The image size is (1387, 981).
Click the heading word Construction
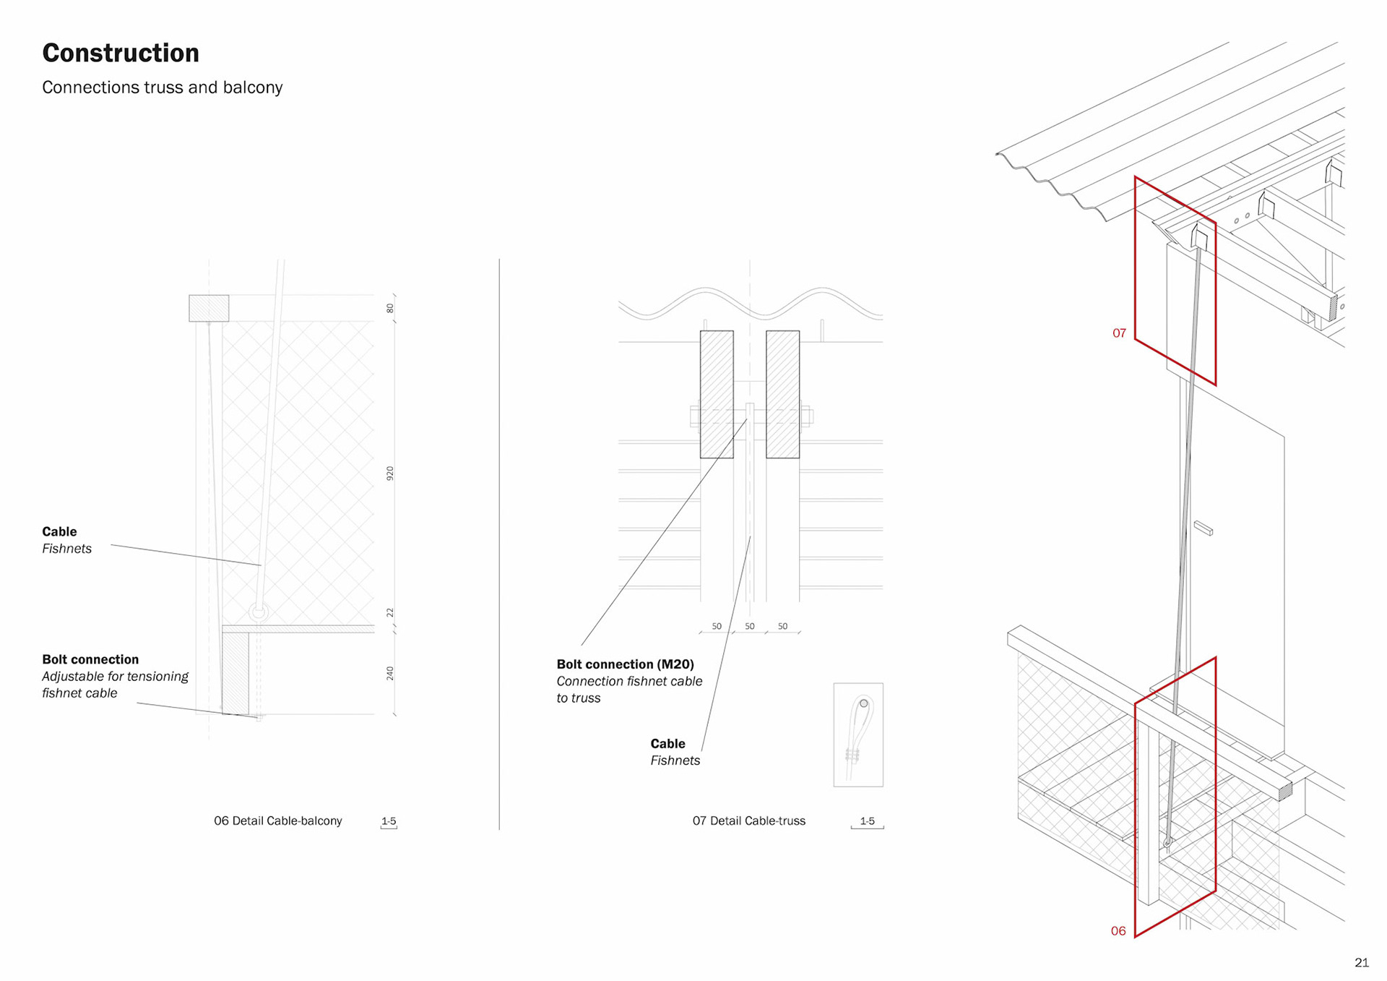tap(121, 53)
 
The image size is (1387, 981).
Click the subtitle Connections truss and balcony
tap(162, 87)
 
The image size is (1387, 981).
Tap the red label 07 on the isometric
tap(1119, 333)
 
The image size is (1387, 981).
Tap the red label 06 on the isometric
tap(1118, 931)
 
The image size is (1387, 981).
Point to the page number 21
tap(1361, 962)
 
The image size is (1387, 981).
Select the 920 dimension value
tap(390, 474)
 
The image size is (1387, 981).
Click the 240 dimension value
tap(390, 673)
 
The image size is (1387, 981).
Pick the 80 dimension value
tap(390, 308)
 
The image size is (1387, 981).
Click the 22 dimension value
tap(390, 612)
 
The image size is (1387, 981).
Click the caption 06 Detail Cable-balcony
tap(277, 821)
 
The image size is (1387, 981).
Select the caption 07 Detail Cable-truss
tap(748, 821)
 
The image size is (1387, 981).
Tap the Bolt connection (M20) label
tap(625, 664)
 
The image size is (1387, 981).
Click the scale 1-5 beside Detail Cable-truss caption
tap(867, 821)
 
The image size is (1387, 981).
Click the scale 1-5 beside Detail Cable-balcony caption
tap(389, 821)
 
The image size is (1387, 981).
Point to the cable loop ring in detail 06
tap(258, 612)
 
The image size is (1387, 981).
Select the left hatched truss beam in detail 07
tap(716, 394)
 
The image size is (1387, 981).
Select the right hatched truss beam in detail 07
tap(782, 394)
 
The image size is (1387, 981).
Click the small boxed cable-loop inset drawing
tap(858, 734)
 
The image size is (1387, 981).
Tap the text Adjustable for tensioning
tap(115, 676)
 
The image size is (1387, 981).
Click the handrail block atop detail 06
tap(209, 308)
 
